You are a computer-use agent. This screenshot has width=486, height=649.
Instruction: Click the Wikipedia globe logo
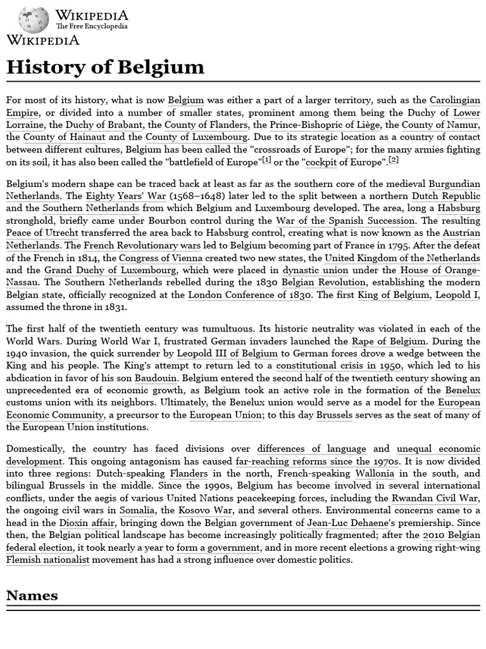[x=34, y=20]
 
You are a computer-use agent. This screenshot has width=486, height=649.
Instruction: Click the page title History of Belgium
[x=105, y=67]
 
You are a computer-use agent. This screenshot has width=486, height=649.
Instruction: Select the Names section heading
[x=32, y=595]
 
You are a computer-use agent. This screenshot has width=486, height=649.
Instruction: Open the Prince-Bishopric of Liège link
[x=325, y=125]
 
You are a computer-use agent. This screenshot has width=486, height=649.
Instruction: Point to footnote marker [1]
[x=266, y=160]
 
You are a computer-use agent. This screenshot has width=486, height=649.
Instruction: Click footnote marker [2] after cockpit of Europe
[x=394, y=160]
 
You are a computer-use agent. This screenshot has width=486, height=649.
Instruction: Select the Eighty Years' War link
[x=123, y=196]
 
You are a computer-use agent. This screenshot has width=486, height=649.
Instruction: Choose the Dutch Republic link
[x=446, y=196]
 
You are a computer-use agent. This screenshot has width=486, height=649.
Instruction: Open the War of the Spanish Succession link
[x=346, y=221]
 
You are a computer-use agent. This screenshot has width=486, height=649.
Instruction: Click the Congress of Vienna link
[x=161, y=258]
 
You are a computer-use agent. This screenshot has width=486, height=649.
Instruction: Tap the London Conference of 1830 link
[x=250, y=295]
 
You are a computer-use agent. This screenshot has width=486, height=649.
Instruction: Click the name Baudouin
[x=155, y=378]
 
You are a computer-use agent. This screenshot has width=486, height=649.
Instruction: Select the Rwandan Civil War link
[x=435, y=498]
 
